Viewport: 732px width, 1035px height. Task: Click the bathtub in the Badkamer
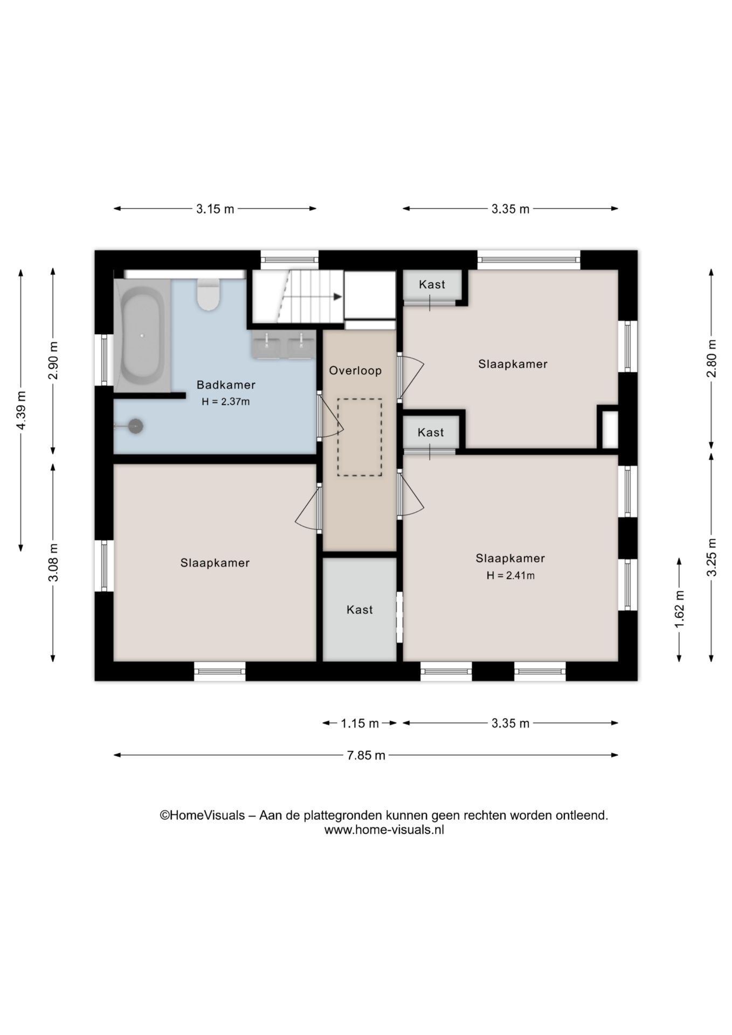pyautogui.click(x=142, y=335)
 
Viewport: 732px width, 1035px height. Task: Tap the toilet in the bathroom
pyautogui.click(x=208, y=295)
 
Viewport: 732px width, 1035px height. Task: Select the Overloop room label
pyautogui.click(x=355, y=370)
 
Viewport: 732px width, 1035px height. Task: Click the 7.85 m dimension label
pyautogui.click(x=366, y=755)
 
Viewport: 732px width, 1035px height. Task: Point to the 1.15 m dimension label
pyautogui.click(x=360, y=723)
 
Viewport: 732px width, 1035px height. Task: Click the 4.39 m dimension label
pyautogui.click(x=21, y=410)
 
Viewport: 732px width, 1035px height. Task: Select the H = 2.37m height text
pyautogui.click(x=226, y=402)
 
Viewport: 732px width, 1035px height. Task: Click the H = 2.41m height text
pyautogui.click(x=510, y=575)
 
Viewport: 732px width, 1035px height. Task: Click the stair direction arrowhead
pyautogui.click(x=338, y=296)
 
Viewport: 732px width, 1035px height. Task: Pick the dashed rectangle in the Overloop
pyautogui.click(x=360, y=437)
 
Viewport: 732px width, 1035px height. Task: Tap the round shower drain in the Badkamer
pyautogui.click(x=136, y=426)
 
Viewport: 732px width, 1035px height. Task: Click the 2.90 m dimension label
pyautogui.click(x=53, y=360)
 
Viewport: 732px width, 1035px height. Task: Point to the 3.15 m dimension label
pyautogui.click(x=215, y=209)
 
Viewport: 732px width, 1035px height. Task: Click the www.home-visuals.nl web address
pyautogui.click(x=384, y=830)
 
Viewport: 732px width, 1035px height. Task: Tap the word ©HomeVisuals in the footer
pyautogui.click(x=202, y=816)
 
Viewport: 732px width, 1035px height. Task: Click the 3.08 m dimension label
pyautogui.click(x=53, y=563)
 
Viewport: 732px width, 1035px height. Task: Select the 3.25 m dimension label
pyautogui.click(x=712, y=557)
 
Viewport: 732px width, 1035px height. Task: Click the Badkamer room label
pyautogui.click(x=226, y=385)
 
